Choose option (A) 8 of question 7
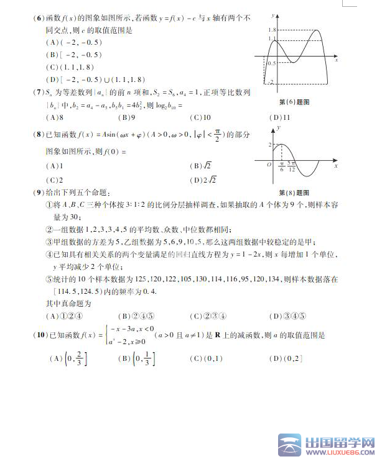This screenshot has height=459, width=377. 56,117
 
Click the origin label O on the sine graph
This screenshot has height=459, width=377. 269,166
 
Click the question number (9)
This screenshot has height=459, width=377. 39,193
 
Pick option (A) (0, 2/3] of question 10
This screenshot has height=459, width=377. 69,358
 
